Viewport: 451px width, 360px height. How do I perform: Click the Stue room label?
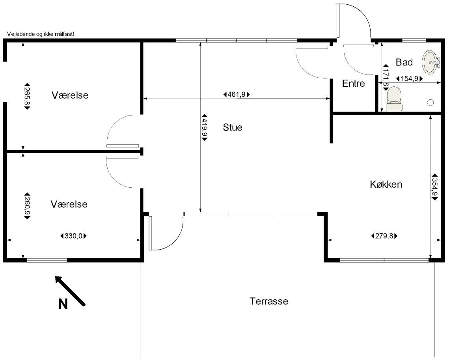point(233,127)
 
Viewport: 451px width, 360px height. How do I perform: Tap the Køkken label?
point(386,184)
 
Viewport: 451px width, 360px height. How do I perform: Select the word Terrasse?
point(269,301)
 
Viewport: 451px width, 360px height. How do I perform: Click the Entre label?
point(353,84)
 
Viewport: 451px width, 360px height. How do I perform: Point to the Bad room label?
point(404,62)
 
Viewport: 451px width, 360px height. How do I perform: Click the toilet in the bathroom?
point(394,99)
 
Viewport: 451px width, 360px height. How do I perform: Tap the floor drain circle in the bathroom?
point(430,103)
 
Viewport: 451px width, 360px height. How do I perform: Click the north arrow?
point(70,290)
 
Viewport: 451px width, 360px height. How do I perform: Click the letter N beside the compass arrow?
point(63,304)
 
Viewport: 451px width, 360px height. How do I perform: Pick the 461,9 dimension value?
point(237,94)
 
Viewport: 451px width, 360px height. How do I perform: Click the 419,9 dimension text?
point(205,126)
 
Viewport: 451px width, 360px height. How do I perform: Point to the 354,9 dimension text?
point(434,187)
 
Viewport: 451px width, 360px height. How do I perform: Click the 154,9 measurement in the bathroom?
point(409,78)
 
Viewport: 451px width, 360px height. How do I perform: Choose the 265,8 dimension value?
point(27,96)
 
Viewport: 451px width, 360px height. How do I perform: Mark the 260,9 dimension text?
point(27,206)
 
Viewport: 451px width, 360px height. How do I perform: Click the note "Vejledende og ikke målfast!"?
point(41,34)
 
